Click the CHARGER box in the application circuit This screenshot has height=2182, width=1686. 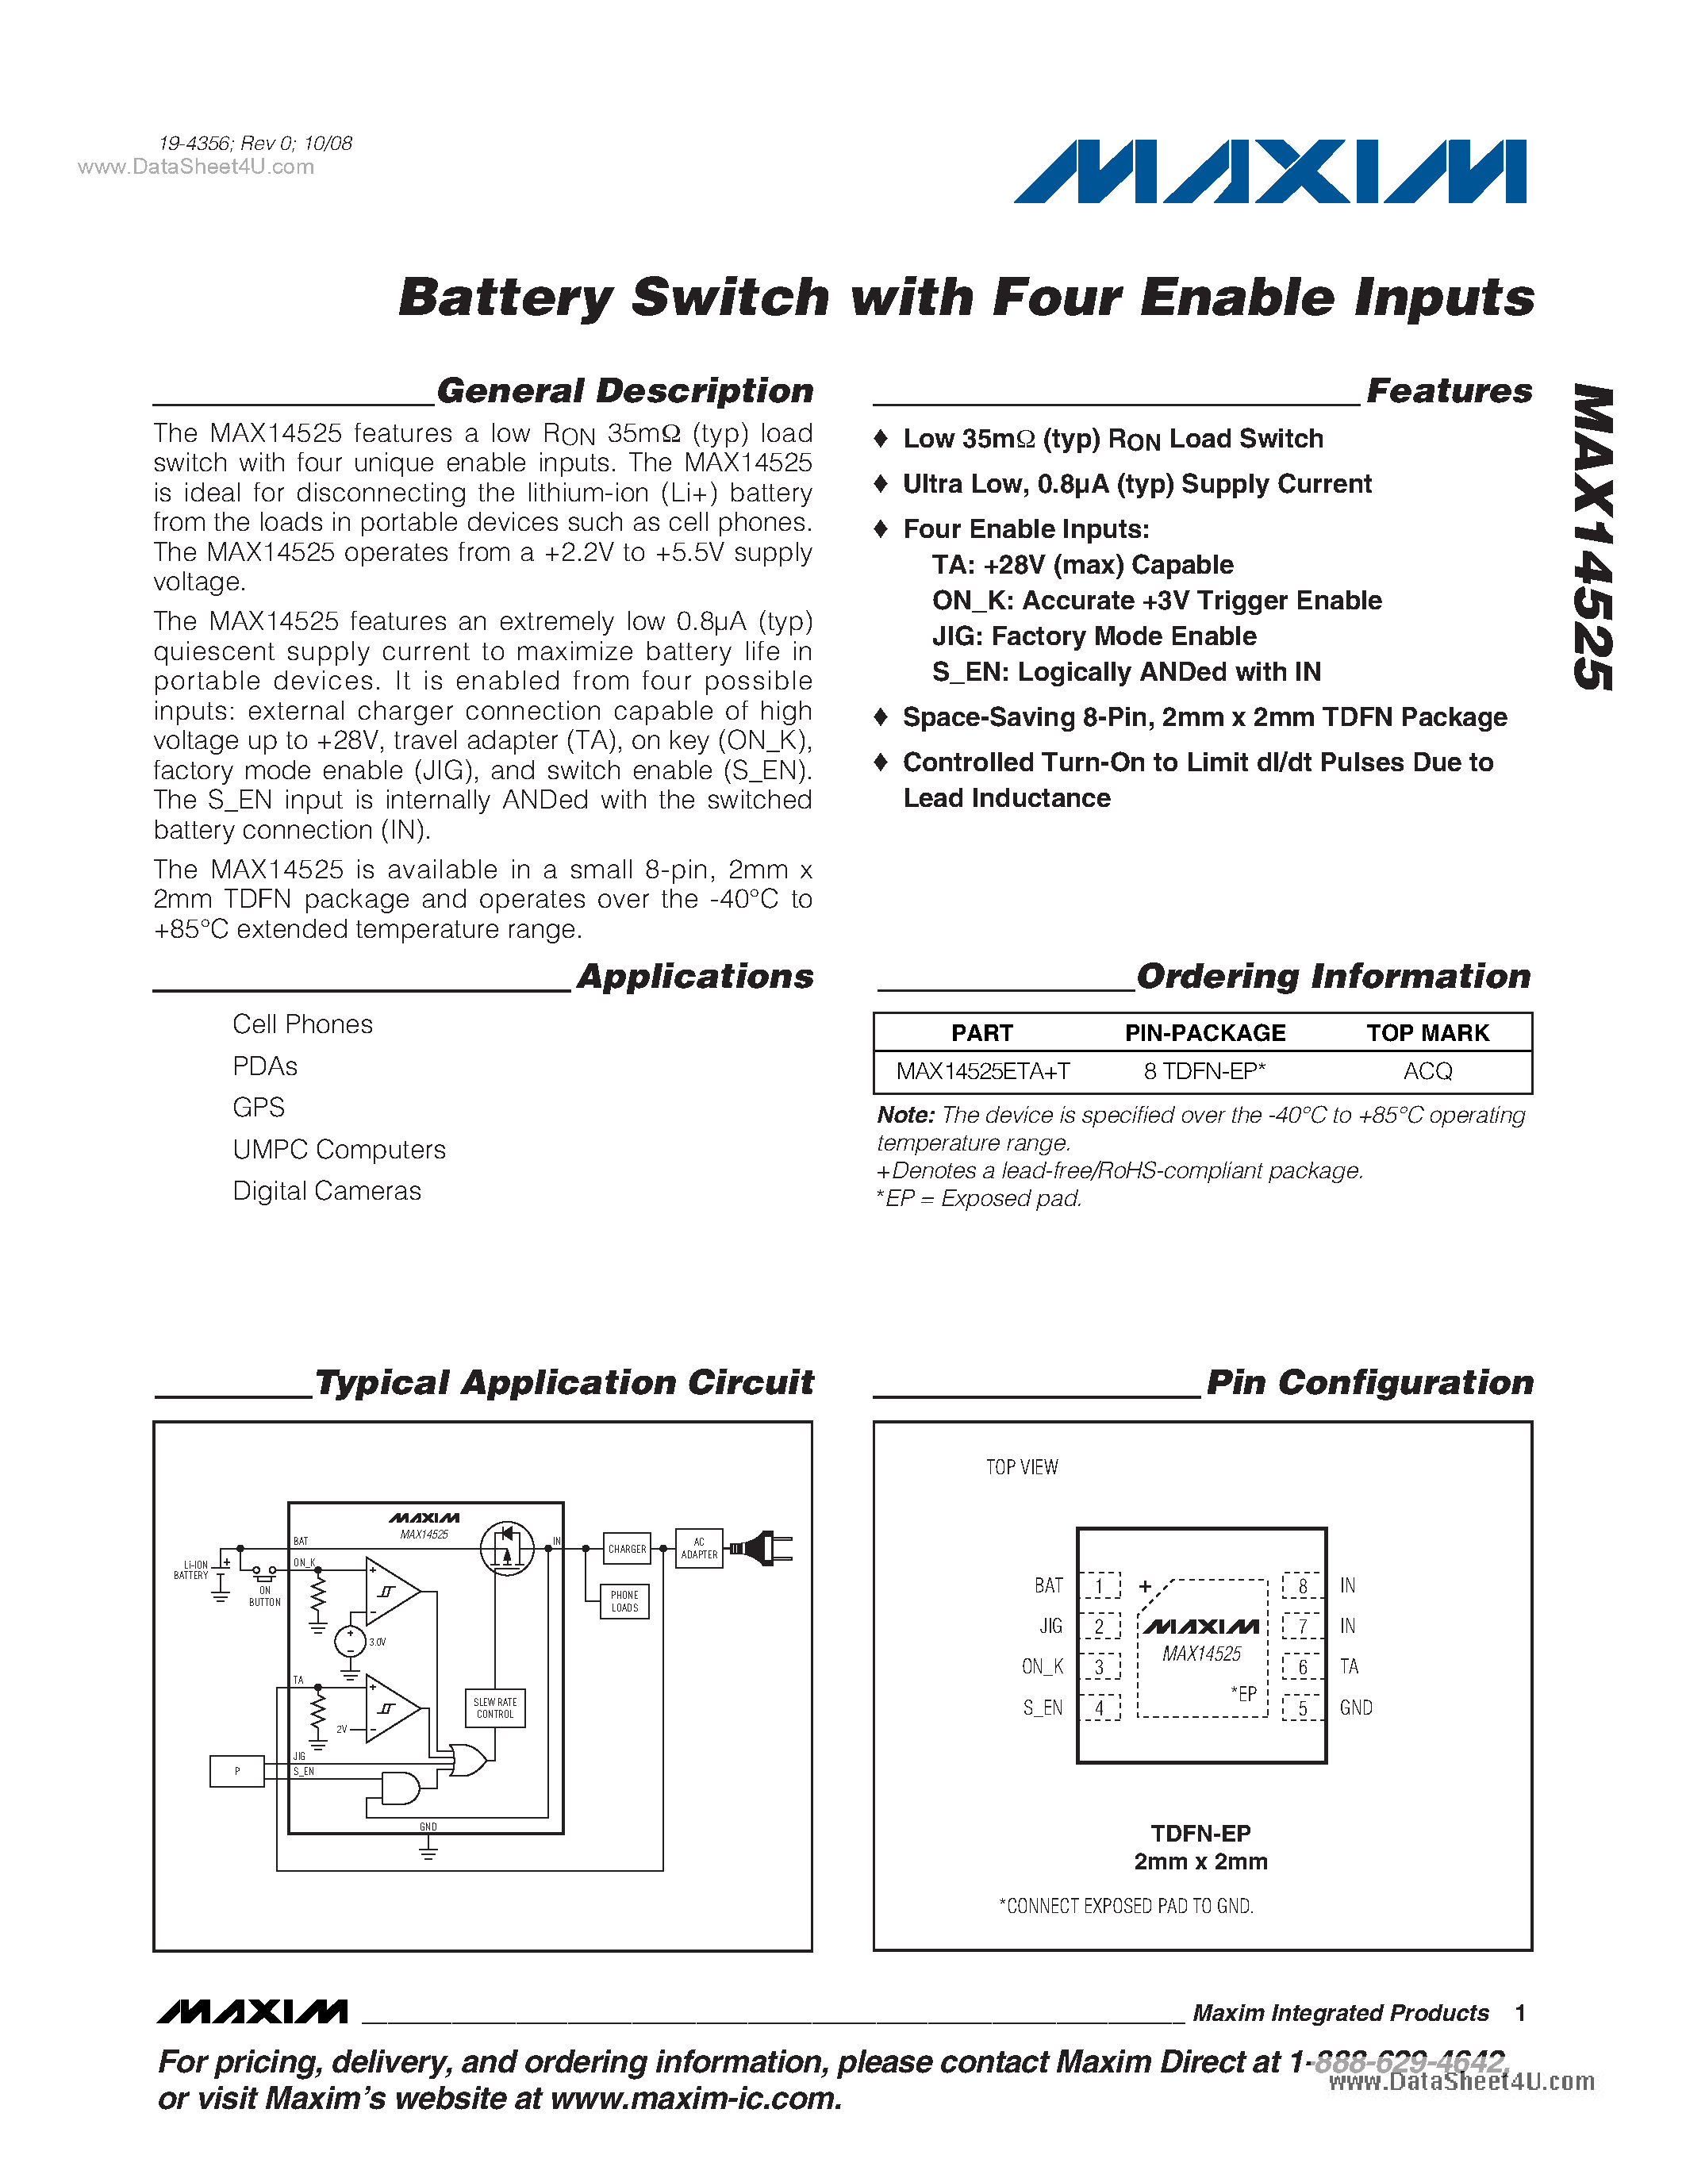(x=626, y=1549)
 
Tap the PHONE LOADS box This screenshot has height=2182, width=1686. (x=624, y=1601)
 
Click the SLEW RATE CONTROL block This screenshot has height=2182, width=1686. (x=494, y=1708)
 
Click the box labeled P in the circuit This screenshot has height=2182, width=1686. (x=236, y=1771)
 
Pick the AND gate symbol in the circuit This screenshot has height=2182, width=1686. (x=400, y=1788)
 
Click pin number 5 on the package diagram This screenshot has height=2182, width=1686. (x=1301, y=1708)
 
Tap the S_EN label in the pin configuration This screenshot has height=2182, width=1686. (x=1042, y=1708)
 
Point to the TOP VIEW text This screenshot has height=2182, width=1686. (x=1022, y=1466)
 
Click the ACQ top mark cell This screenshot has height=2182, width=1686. (x=1427, y=1071)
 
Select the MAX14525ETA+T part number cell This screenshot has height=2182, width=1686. (x=983, y=1071)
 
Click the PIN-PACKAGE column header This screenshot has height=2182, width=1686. (x=1204, y=1033)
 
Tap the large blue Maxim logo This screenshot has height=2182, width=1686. (x=1269, y=172)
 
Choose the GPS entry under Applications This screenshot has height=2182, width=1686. (x=259, y=1107)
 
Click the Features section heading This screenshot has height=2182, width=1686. (x=1448, y=390)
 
